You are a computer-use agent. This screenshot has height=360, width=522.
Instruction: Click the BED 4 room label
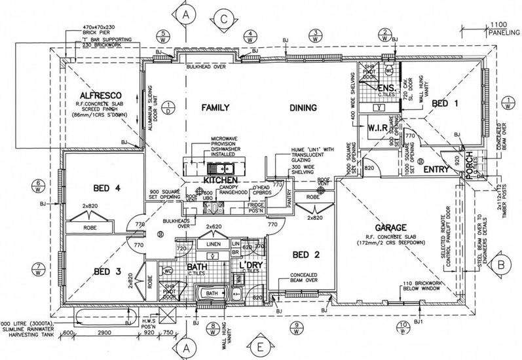107,189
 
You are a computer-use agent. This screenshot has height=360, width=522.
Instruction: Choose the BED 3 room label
109,271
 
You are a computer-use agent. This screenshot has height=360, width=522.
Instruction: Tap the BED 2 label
307,255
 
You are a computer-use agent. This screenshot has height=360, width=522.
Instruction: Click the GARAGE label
397,227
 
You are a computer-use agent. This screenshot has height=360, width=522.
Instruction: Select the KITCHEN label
223,179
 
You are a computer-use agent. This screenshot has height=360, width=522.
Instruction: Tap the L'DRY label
252,264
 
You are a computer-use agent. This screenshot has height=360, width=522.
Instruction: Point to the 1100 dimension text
497,24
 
